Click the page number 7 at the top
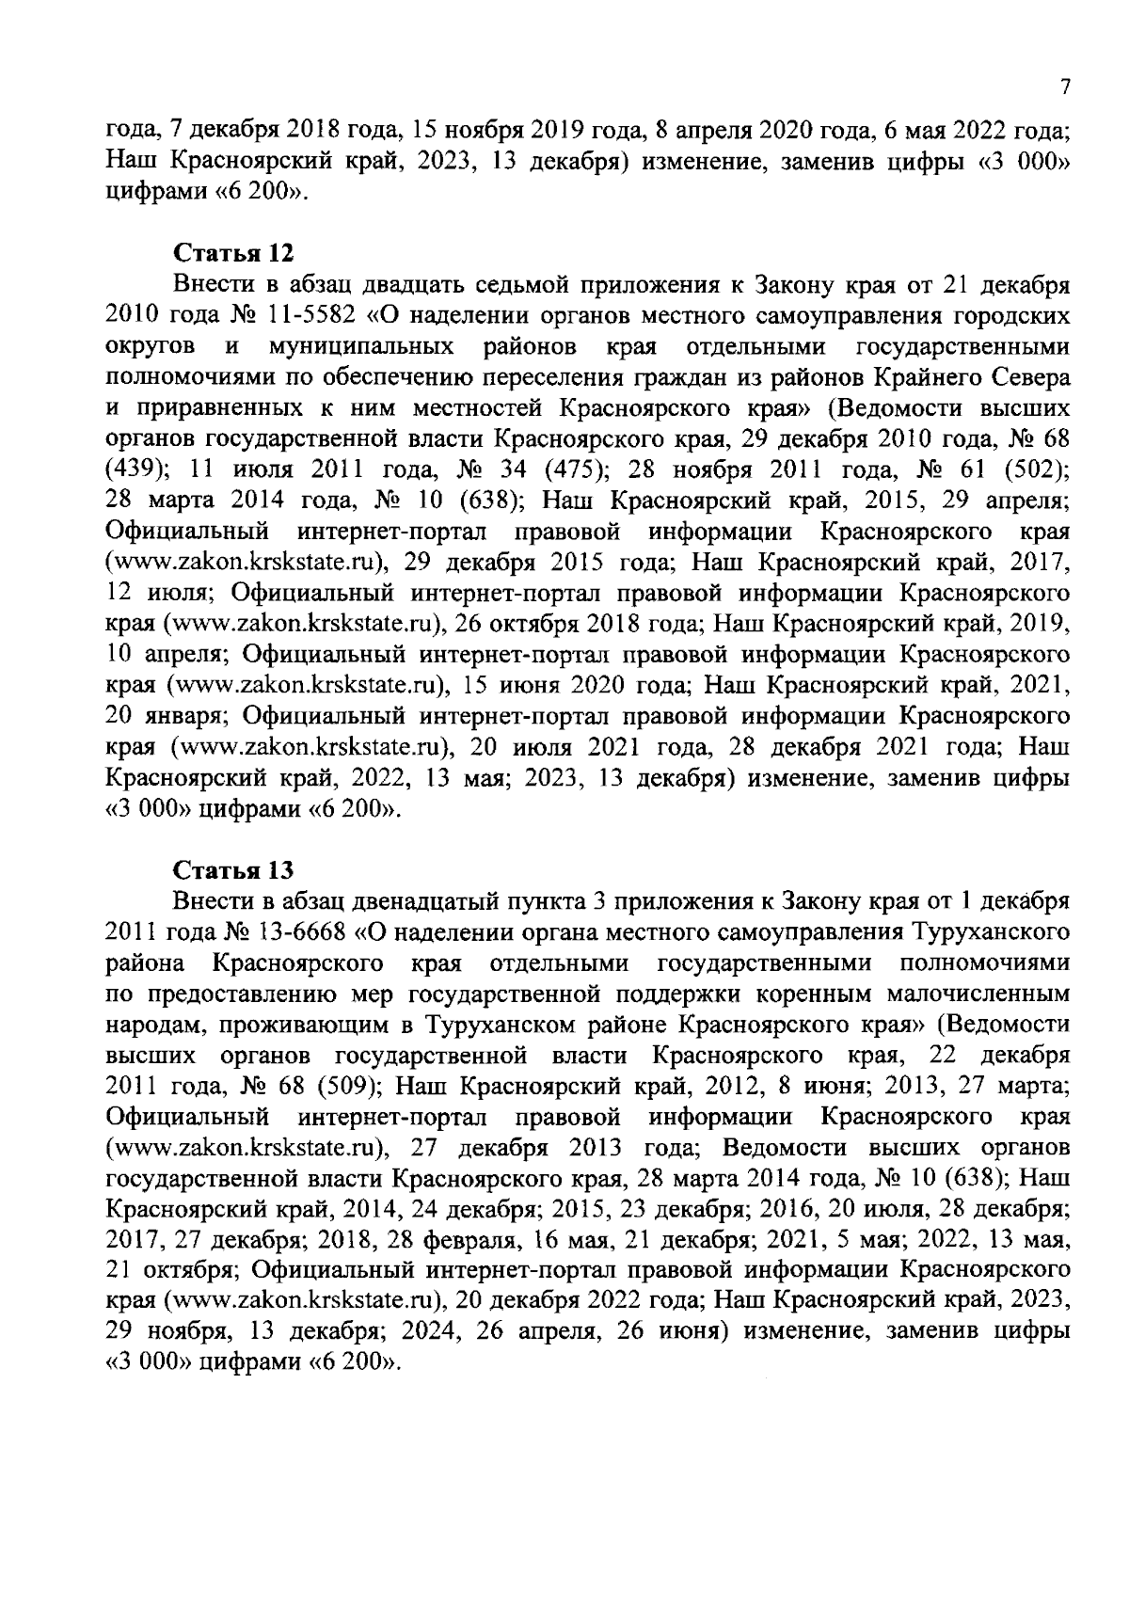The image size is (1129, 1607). click(1065, 88)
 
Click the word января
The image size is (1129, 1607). click(186, 715)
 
